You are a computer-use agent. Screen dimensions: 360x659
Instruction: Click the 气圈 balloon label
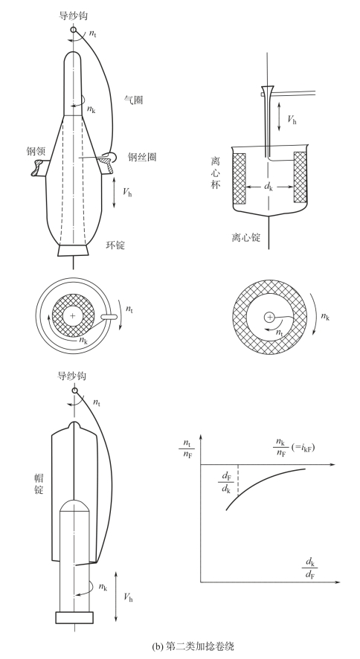pos(133,100)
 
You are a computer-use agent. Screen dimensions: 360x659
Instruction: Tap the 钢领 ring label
pos(35,151)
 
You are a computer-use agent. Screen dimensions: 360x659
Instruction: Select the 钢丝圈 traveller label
pos(142,157)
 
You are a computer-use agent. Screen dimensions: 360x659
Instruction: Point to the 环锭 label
pos(115,245)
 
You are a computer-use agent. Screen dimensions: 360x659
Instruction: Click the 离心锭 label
pos(245,237)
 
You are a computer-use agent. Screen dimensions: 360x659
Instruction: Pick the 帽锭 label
pos(39,483)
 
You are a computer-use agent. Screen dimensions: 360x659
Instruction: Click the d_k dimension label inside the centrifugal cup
pos(269,185)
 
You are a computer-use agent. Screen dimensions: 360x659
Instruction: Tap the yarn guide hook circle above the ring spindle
pos(74,30)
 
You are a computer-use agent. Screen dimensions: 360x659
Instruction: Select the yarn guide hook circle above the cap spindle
pos(75,390)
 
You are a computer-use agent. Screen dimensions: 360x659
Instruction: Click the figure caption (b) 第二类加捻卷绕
pos(193,646)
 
